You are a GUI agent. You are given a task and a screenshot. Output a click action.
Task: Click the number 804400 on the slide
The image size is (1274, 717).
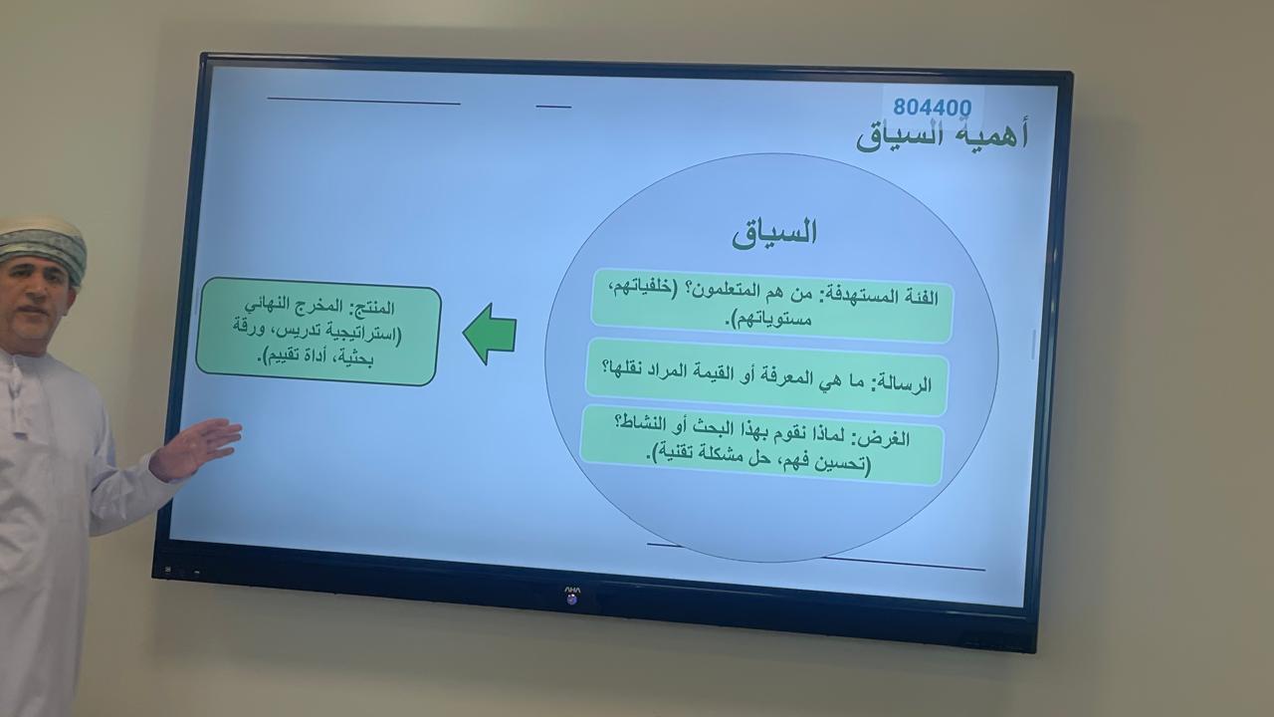(x=933, y=107)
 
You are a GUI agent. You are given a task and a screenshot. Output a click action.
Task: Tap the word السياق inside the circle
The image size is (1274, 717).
(x=774, y=233)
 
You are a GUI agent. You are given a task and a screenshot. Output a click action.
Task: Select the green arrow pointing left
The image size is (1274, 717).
(x=490, y=334)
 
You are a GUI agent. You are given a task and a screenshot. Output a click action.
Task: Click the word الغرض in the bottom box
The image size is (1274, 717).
(x=886, y=439)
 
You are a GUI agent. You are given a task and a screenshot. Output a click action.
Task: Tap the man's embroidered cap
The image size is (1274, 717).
(x=43, y=246)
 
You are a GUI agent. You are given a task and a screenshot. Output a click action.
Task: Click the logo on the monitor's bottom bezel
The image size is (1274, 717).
(x=571, y=595)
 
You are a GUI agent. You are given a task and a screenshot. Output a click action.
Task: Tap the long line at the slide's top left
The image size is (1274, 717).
(x=363, y=101)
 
